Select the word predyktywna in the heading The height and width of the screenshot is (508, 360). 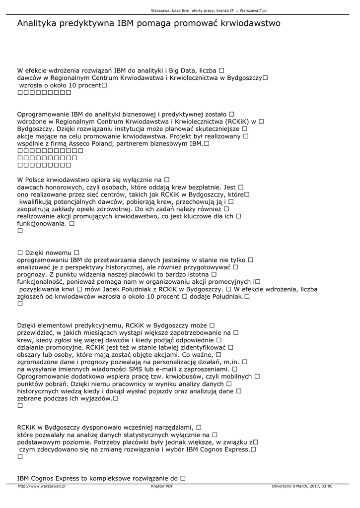point(87,24)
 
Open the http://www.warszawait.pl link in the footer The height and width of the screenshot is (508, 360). point(42,486)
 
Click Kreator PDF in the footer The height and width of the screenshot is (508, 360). point(161,486)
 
